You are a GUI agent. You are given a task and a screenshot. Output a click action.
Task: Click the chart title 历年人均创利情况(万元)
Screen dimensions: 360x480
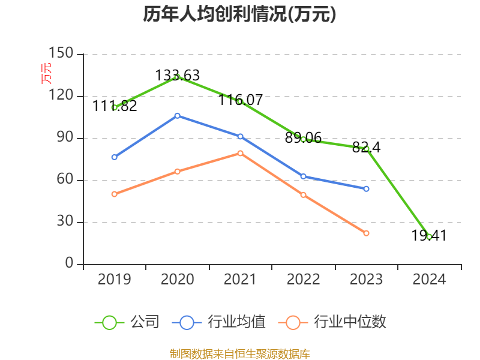239,14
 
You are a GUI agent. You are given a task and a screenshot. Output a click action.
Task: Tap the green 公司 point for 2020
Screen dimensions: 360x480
177,77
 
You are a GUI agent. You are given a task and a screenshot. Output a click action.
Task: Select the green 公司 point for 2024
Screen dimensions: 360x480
429,236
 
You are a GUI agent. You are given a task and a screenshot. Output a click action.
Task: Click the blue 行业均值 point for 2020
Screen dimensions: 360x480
177,115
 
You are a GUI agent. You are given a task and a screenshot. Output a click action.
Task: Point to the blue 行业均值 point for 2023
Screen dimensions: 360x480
366,188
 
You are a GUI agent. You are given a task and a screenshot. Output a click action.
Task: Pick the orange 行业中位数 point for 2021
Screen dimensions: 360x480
240,153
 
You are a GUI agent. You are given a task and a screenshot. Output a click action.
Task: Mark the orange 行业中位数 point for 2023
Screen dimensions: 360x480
366,233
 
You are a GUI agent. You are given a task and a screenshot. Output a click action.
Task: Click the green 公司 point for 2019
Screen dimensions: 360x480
114,107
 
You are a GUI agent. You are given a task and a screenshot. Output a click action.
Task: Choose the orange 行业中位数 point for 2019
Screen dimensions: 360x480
114,194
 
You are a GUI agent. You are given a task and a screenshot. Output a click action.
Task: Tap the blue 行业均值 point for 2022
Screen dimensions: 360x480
303,176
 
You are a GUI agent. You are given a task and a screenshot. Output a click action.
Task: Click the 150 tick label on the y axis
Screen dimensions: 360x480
62,54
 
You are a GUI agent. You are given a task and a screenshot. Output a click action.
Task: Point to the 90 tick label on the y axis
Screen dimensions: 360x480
65,138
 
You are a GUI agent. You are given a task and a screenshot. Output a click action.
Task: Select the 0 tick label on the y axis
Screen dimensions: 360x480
70,264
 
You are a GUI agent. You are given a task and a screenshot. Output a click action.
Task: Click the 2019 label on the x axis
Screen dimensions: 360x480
114,280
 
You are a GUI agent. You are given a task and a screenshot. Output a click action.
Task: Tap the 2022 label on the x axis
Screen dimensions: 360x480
303,280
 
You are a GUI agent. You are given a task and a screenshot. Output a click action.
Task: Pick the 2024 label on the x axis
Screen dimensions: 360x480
429,280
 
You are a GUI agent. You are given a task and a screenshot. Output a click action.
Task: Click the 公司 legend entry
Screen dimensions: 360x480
127,322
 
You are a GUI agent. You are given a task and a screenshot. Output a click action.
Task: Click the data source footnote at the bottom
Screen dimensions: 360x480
239,353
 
